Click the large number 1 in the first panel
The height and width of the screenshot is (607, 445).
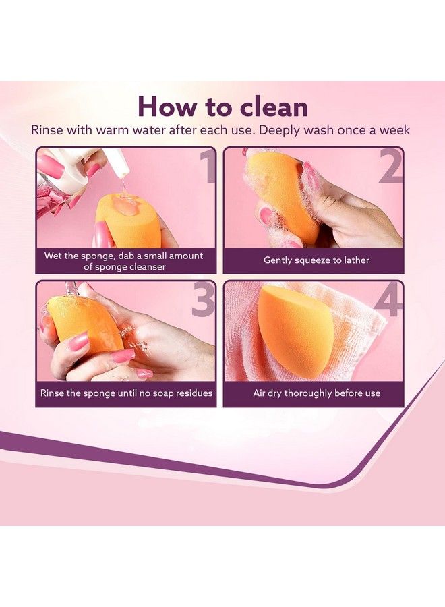point(205,169)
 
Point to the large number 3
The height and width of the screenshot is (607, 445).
point(203,301)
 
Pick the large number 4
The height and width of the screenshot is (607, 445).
point(388,301)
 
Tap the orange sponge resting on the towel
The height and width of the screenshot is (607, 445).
point(295,330)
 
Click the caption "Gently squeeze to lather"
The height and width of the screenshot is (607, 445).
point(316,260)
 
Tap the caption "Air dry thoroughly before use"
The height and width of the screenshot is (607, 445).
point(316,393)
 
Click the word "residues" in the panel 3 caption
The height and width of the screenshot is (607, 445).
point(192,393)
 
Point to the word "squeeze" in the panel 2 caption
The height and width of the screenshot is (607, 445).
point(311,260)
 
